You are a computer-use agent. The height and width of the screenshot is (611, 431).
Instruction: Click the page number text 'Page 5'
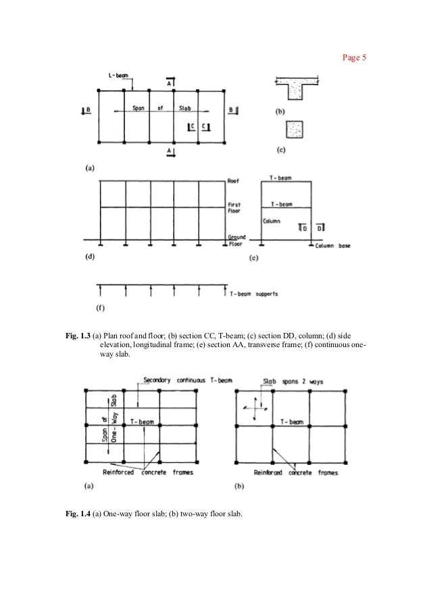coord(354,58)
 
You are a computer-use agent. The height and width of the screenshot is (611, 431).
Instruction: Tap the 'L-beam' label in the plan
coord(120,76)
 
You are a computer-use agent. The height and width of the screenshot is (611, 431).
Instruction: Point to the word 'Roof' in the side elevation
coord(234,181)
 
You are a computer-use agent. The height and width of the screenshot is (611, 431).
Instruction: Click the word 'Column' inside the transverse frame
coord(272,220)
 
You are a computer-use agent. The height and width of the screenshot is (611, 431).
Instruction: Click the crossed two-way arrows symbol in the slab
coord(254,409)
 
